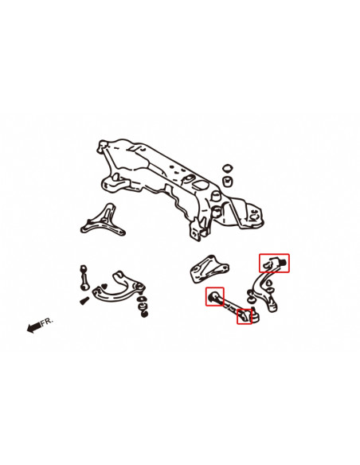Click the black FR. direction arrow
point(34,327)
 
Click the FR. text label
point(47,321)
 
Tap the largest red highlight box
point(274,263)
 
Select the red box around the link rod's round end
point(215,296)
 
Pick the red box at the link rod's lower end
point(245,316)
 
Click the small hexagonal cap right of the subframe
point(227,169)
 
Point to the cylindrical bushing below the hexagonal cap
point(228,182)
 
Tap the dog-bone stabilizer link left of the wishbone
point(84,278)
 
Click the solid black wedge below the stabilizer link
point(84,301)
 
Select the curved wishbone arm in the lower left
point(119,288)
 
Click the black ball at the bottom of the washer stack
point(145,314)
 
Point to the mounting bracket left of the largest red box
point(209,268)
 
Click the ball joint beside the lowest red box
point(255,316)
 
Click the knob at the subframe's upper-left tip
point(104,144)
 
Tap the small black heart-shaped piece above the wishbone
point(104,287)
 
